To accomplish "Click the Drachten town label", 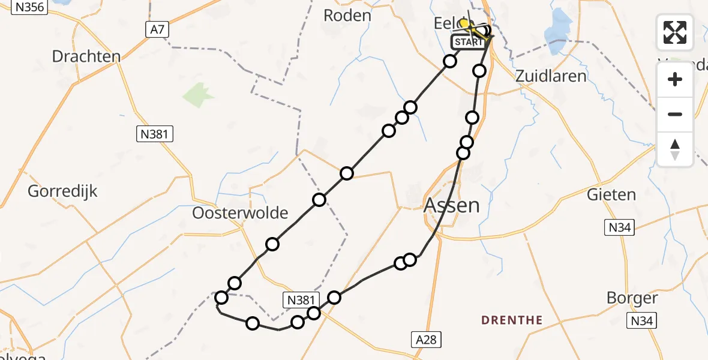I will tap(86, 56).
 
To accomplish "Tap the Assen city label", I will tap(452, 206).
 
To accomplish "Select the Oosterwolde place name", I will tap(240, 213).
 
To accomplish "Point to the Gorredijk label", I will tap(62, 192).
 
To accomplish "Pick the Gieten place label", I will tap(611, 194).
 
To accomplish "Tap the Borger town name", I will tap(632, 298).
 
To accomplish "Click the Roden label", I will tap(347, 16).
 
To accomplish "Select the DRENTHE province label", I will tap(512, 320).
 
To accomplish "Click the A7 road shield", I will tap(154, 29).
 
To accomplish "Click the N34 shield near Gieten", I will tap(619, 227).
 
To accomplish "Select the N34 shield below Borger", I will tap(641, 321).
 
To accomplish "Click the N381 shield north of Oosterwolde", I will tap(153, 134).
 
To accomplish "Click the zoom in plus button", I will tap(675, 79).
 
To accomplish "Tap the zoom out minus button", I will tap(675, 114).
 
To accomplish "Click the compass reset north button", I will tap(675, 149).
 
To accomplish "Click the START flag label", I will tap(468, 42).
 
